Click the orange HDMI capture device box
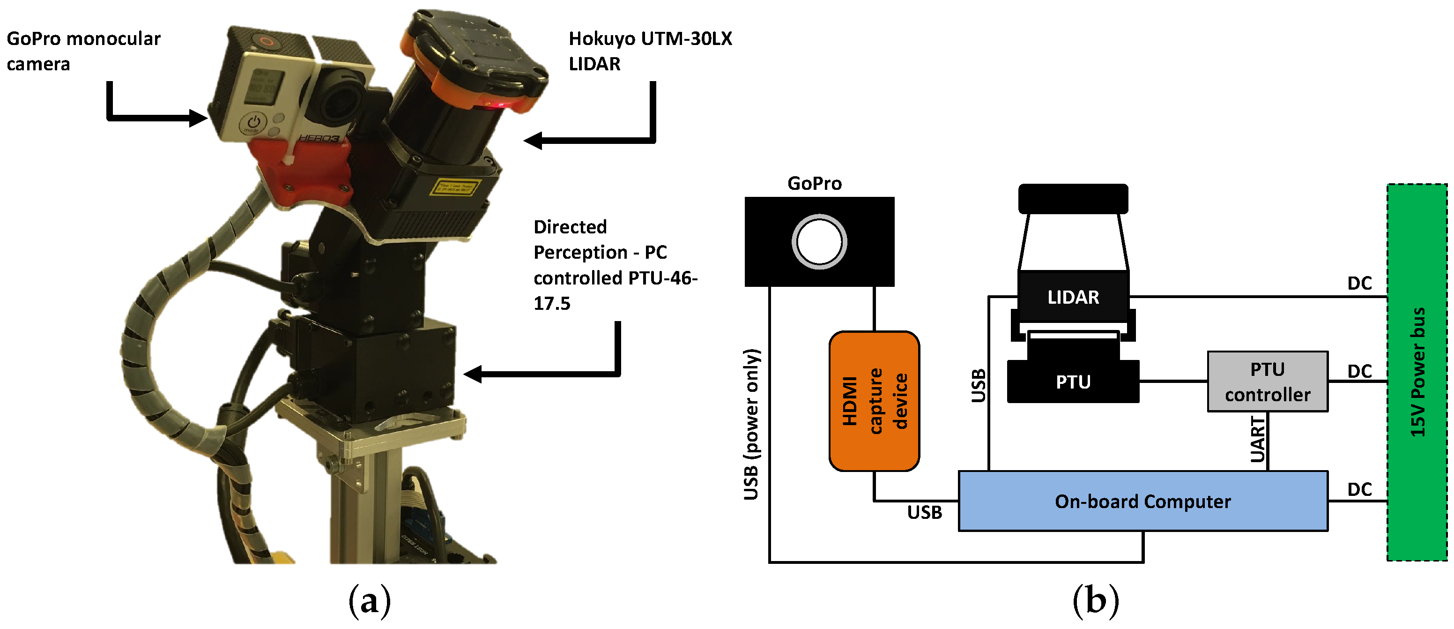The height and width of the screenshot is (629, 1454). point(874,401)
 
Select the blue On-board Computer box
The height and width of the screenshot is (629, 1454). point(1142,501)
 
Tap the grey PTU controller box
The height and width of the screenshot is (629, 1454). point(1267,382)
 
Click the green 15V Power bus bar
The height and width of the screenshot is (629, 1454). point(1417,373)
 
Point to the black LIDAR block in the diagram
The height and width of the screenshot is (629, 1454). point(1072,297)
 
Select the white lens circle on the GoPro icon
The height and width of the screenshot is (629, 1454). point(819,242)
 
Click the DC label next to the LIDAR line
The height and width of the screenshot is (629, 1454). point(1359,283)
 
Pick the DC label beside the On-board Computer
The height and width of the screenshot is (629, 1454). point(1359,489)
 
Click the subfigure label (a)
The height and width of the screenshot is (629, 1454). point(369,601)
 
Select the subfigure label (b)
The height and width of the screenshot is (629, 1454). point(1095,601)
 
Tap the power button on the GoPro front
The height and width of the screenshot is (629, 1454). point(253,122)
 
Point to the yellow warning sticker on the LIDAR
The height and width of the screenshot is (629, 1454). point(455,187)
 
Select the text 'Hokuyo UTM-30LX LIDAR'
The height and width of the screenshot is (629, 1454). point(650,51)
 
